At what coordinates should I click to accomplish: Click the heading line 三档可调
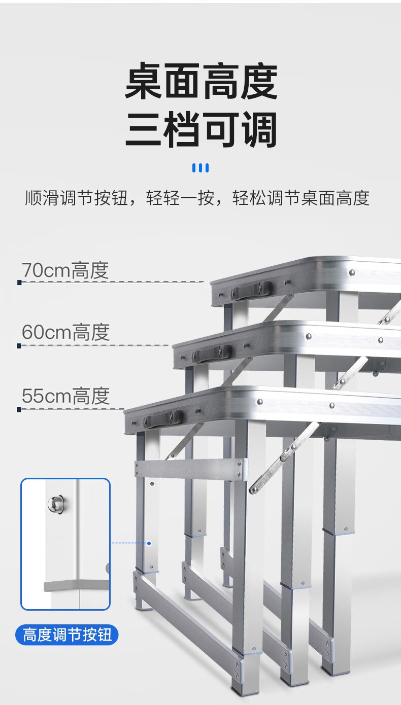click(x=201, y=130)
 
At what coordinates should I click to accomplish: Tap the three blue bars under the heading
click(x=201, y=168)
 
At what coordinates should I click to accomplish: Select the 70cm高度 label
click(x=65, y=270)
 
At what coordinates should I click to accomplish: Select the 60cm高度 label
click(x=65, y=333)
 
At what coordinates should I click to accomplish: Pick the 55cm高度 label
click(x=65, y=396)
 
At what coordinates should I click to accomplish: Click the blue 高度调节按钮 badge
click(x=67, y=634)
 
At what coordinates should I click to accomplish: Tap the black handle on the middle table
click(x=212, y=352)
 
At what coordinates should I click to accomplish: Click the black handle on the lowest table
click(x=163, y=418)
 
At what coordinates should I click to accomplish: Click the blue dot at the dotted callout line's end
click(x=149, y=543)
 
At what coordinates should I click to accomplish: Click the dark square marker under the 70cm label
click(x=19, y=282)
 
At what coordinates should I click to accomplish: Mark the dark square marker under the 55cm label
click(x=19, y=409)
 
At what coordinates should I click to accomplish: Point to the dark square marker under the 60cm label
click(x=19, y=345)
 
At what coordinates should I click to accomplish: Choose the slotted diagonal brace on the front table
click(x=284, y=456)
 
